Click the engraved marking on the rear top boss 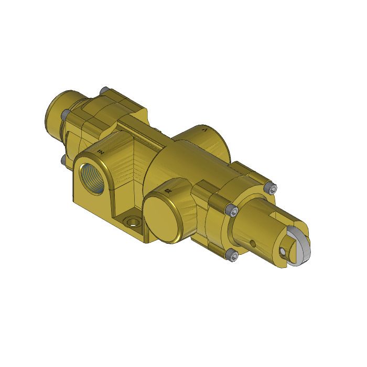click(206, 128)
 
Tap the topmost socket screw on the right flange click(272, 188)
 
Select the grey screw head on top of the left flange click(105, 90)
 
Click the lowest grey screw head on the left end click(63, 157)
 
